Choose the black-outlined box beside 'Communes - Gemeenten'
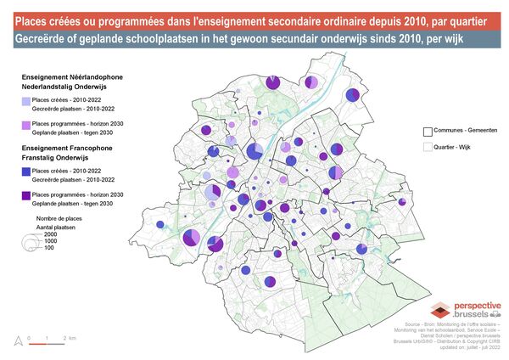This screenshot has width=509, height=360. (x=428, y=132)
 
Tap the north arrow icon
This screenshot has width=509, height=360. (x=15, y=341)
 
